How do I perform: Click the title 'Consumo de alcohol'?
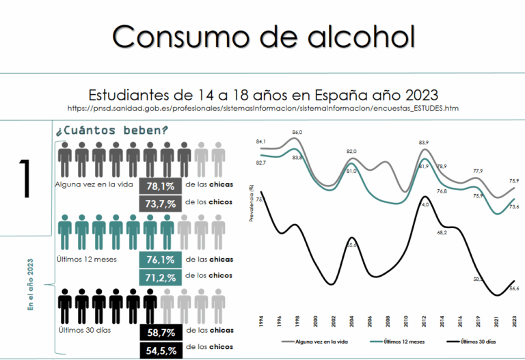(263, 36)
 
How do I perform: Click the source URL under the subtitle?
(263, 109)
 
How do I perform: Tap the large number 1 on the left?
(26, 179)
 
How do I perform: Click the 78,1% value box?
(160, 186)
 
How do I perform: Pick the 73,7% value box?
(160, 204)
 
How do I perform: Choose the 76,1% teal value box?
(160, 260)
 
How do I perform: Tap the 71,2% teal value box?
(160, 277)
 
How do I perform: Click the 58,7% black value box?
(160, 333)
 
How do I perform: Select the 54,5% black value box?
(160, 350)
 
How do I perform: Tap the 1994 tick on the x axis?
(260, 322)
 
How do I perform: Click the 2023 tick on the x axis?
(513, 322)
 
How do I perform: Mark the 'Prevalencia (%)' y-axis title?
(252, 204)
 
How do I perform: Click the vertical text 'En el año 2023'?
(31, 286)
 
